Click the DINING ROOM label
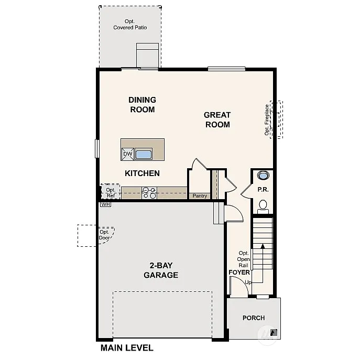142,105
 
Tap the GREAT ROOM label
217,119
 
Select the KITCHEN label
142,173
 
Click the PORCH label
253,318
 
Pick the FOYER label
239,272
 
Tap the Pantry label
200,196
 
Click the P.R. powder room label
263,190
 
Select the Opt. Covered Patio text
130,24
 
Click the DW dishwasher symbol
128,154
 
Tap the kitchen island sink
144,154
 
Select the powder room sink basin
263,176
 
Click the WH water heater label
105,204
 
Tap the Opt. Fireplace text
267,119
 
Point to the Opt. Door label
104,235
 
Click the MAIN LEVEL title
127,347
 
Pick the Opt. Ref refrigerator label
111,193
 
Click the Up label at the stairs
248,283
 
